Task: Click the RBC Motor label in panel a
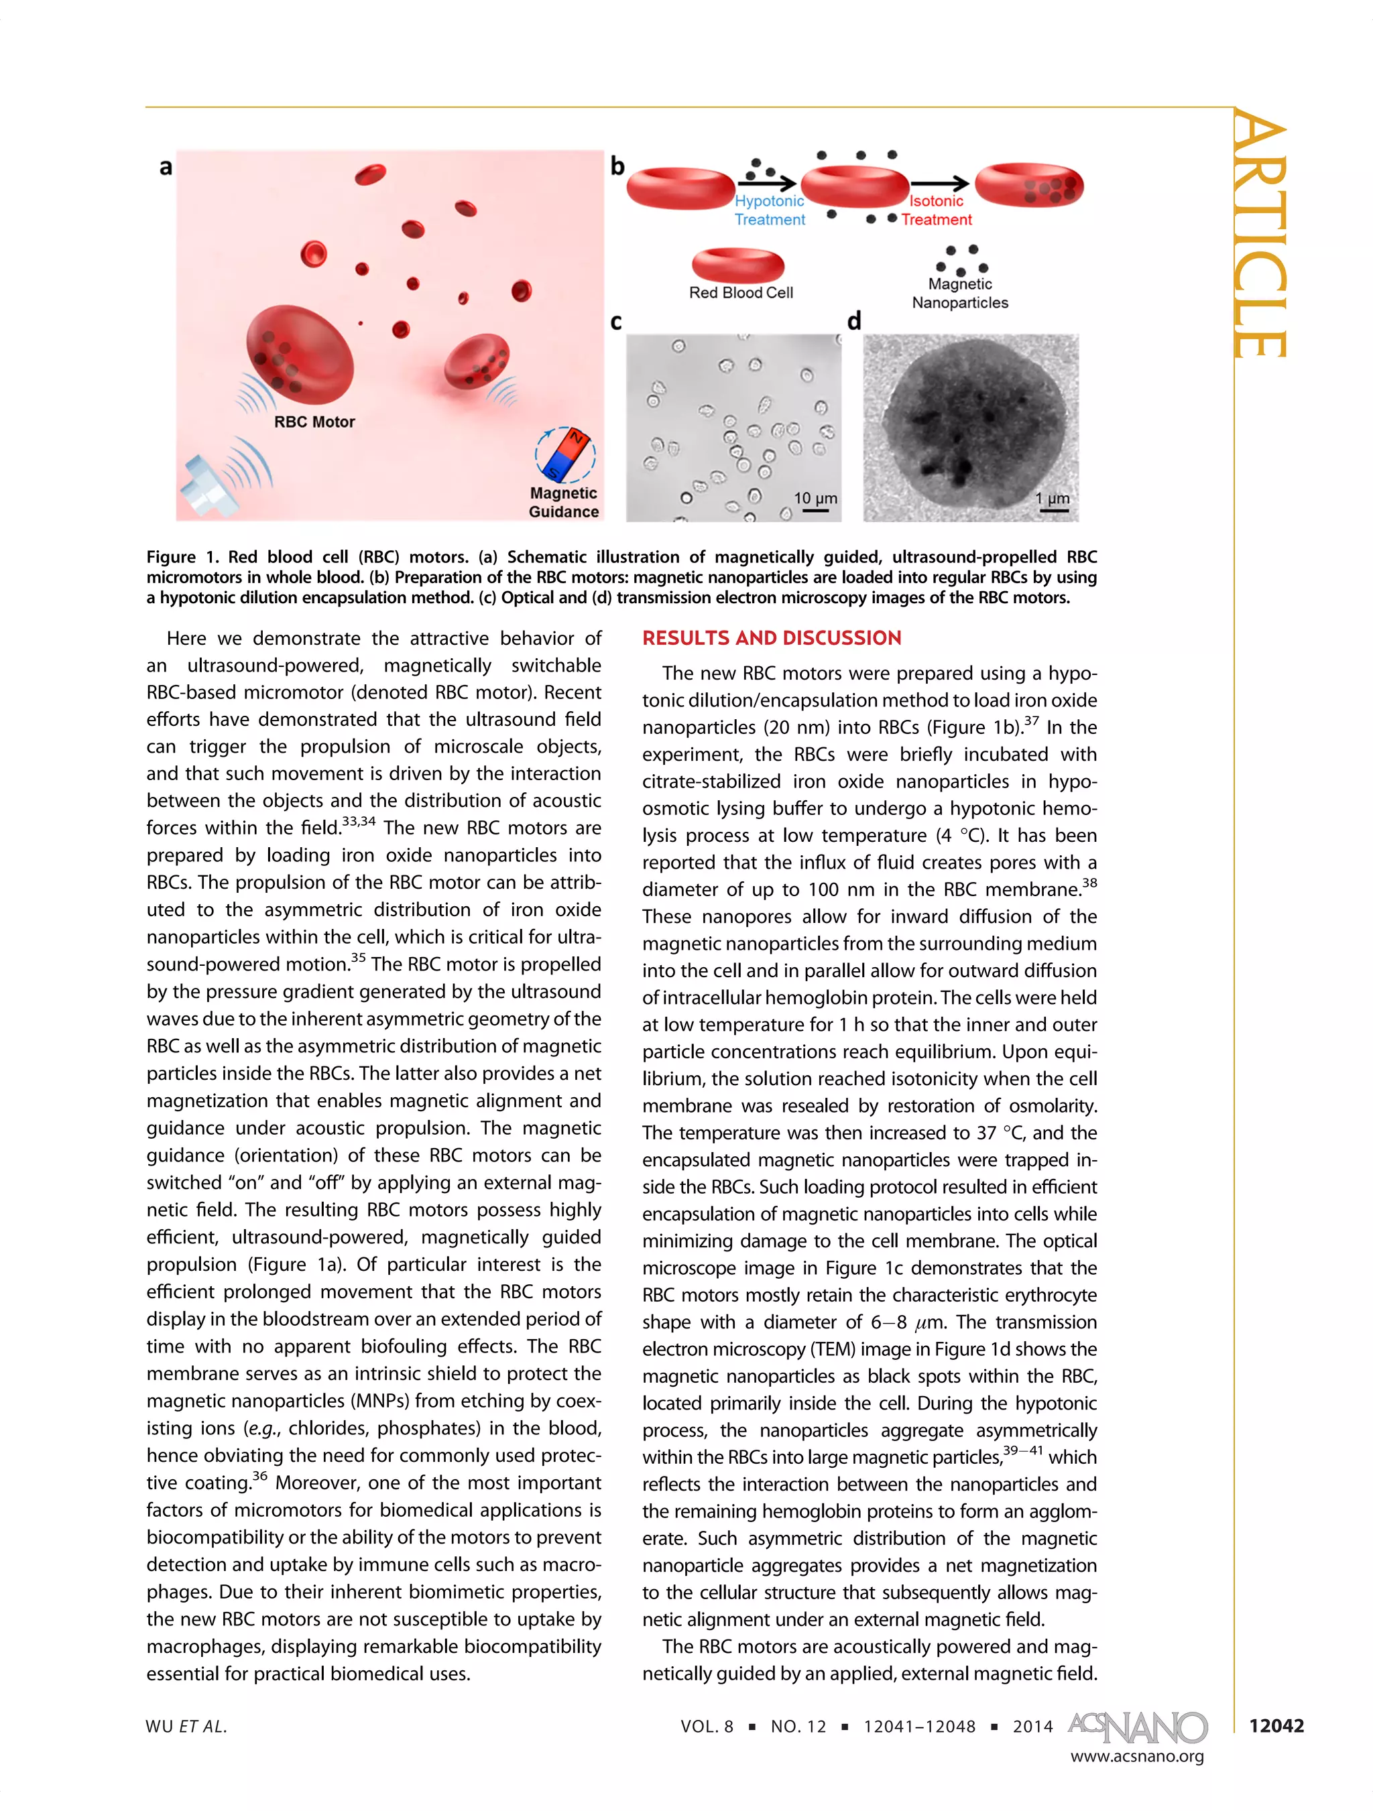(x=314, y=422)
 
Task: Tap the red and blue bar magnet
(x=566, y=454)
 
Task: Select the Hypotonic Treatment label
(x=769, y=210)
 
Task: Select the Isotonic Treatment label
(x=936, y=210)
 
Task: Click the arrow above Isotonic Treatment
(x=939, y=184)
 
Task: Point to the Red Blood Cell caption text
(x=740, y=292)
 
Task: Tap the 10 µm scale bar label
(x=815, y=498)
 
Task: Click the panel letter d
(x=854, y=321)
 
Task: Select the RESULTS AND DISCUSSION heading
(x=771, y=638)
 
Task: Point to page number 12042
(x=1276, y=1725)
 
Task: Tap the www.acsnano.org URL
(x=1136, y=1756)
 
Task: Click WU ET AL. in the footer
(x=186, y=1726)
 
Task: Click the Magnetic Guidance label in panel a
(x=563, y=502)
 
